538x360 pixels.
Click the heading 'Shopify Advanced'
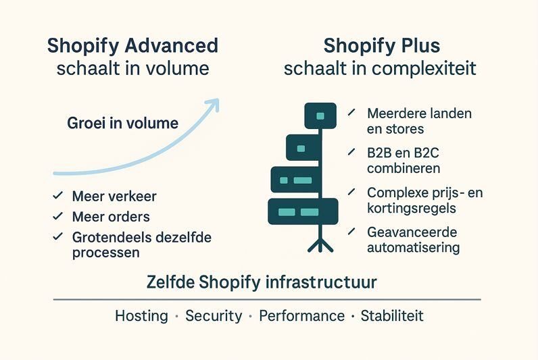[132, 46]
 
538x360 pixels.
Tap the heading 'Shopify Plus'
[381, 46]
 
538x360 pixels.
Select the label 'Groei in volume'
[123, 124]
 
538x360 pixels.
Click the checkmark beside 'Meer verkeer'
[57, 197]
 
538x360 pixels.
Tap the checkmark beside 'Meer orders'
[57, 217]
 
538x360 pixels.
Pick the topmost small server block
[320, 115]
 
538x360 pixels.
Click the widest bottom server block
[303, 211]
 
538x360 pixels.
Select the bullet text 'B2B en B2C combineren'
[403, 160]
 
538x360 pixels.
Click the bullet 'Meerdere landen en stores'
[419, 120]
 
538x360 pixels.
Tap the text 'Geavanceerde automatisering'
[413, 240]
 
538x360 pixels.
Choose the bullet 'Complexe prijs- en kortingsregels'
[424, 201]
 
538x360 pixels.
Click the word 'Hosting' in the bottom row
[141, 316]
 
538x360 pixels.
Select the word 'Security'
[214, 316]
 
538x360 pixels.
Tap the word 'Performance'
[301, 316]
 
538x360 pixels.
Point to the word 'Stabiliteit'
[392, 316]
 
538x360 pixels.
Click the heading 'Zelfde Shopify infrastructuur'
[262, 282]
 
